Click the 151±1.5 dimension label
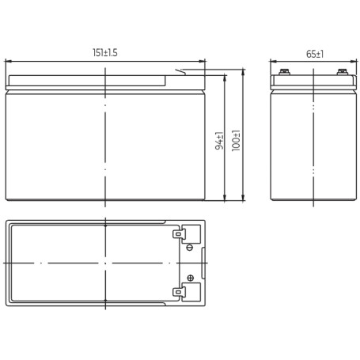pos(105,52)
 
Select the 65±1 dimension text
pos(315,54)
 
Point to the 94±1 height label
pos(219,141)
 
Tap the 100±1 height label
pos(236,141)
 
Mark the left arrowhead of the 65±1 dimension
pos(273,62)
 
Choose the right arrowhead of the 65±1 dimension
pos(354,62)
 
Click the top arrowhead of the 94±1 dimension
pos(225,78)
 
